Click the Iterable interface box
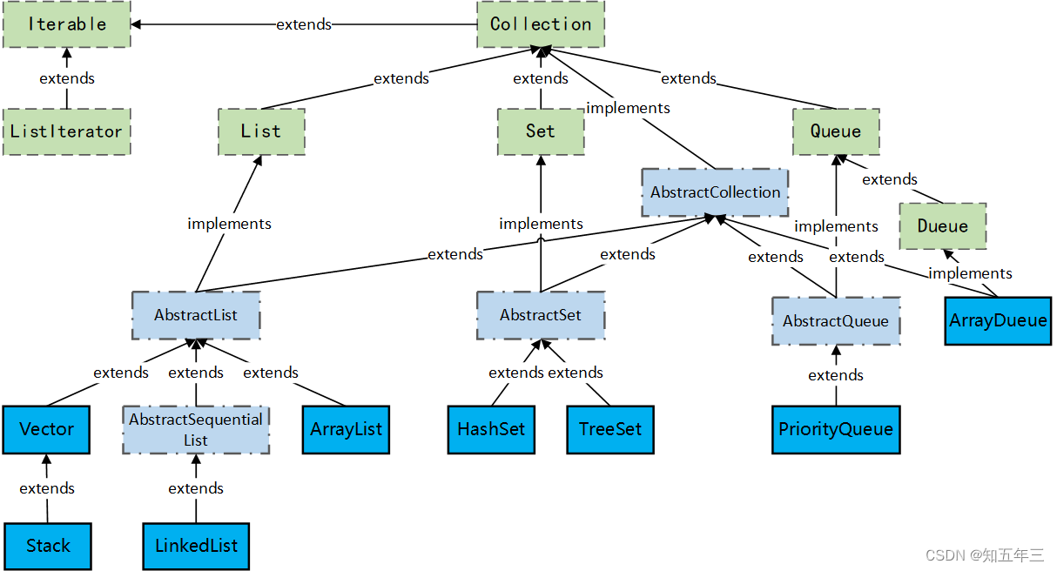tap(67, 24)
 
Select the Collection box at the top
tap(540, 24)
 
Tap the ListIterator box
tap(67, 131)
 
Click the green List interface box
tap(261, 131)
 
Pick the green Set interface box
tap(540, 131)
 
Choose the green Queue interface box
tap(836, 131)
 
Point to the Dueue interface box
tap(942, 226)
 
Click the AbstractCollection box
tap(715, 192)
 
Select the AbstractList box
tap(196, 315)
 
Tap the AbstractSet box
tap(540, 315)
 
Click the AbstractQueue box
tap(836, 321)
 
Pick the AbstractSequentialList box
tap(196, 429)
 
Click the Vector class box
tap(47, 429)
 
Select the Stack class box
tap(47, 546)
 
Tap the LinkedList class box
tap(196, 546)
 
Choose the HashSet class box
tap(491, 429)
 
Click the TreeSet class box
tap(609, 429)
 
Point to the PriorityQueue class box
tap(836, 429)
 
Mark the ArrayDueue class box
tap(998, 320)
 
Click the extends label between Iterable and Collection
tap(304, 24)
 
